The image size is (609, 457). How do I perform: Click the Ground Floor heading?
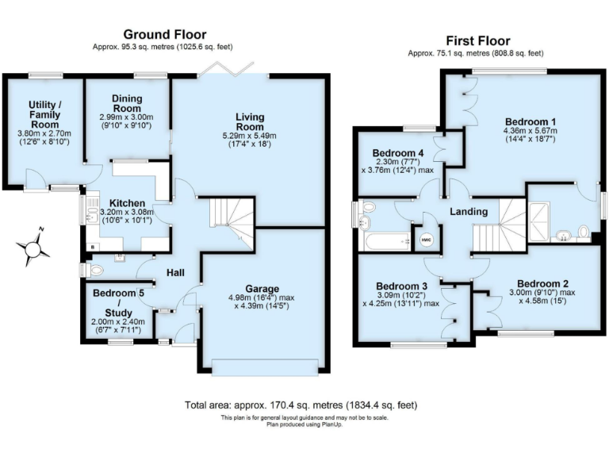point(164,34)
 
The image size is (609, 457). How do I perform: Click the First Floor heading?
point(478,40)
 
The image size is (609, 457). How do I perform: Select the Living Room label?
point(249,122)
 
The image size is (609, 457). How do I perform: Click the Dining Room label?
point(126,103)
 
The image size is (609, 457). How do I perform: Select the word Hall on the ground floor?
point(175,273)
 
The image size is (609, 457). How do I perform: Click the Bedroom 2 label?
point(542,283)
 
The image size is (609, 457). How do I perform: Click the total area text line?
point(301,405)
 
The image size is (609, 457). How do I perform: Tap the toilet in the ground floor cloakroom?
point(95,270)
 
